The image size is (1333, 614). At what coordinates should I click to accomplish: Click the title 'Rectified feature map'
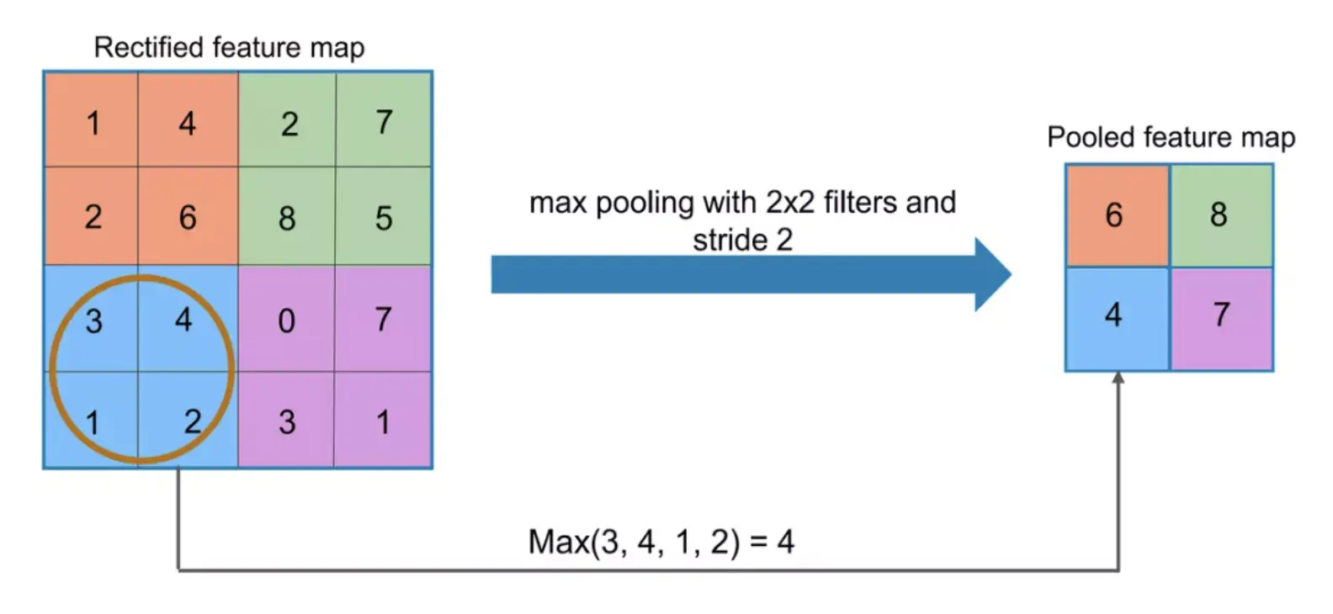pyautogui.click(x=229, y=47)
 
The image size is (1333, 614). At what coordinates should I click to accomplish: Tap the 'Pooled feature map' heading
pyautogui.click(x=1171, y=137)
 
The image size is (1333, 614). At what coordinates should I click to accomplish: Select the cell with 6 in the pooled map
pyautogui.click(x=1117, y=215)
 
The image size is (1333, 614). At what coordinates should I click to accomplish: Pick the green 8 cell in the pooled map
pyautogui.click(x=1220, y=215)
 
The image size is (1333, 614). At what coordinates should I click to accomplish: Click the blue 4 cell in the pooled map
pyautogui.click(x=1117, y=317)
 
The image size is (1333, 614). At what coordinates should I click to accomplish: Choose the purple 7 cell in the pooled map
pyautogui.click(x=1220, y=317)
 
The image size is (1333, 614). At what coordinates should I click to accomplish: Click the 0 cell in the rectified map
pyautogui.click(x=287, y=320)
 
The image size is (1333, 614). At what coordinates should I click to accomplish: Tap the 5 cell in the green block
pyautogui.click(x=384, y=218)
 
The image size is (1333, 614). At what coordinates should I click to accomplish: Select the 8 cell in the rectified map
pyautogui.click(x=287, y=218)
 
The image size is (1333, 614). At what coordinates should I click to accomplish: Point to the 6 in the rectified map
pyautogui.click(x=188, y=218)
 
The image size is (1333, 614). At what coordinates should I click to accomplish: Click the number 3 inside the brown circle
pyautogui.click(x=93, y=320)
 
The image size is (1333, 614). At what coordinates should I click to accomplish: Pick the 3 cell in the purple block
pyautogui.click(x=287, y=421)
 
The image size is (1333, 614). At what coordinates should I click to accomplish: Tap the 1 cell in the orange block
pyautogui.click(x=93, y=123)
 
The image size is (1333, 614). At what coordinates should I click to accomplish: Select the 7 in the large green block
pyautogui.click(x=384, y=123)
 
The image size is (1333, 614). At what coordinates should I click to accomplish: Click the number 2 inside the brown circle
pyautogui.click(x=193, y=421)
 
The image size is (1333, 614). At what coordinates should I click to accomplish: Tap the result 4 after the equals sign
pyautogui.click(x=785, y=542)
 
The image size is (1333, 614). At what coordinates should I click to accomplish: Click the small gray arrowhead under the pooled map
pyautogui.click(x=1118, y=378)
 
